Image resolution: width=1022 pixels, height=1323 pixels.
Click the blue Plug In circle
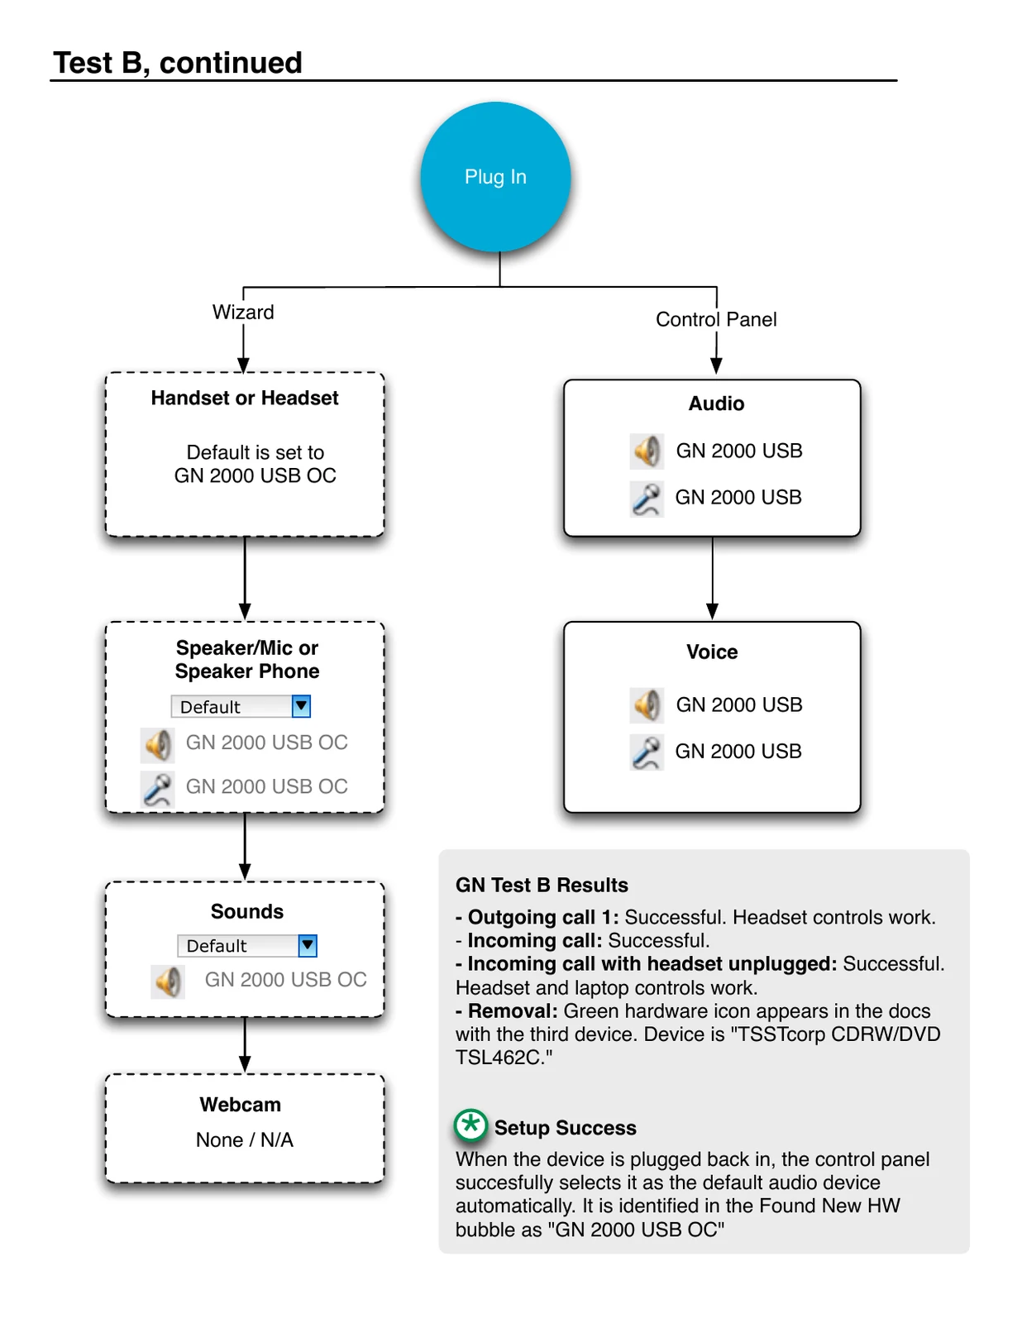495,177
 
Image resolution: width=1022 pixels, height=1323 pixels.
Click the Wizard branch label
243,312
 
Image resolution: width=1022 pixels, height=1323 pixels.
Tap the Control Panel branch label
716,319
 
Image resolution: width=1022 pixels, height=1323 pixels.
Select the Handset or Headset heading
245,398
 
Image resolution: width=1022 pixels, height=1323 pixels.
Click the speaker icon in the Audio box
647,451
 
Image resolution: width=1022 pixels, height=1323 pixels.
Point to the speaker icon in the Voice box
647,705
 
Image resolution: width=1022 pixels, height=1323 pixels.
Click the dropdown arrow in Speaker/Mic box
301,706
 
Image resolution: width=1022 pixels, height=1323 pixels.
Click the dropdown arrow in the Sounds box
308,945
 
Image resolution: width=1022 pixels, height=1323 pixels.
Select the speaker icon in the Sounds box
168,982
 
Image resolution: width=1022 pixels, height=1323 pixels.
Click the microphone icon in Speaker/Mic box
158,789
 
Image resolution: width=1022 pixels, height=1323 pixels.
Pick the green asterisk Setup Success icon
470,1125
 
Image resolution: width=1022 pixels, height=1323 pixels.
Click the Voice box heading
712,652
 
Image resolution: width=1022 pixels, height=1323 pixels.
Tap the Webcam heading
241,1104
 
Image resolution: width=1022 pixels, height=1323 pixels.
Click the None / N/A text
245,1139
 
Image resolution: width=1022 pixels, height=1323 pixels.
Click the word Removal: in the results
513,1010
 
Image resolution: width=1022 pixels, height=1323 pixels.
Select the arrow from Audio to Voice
712,578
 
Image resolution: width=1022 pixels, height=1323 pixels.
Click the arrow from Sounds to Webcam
245,1044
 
